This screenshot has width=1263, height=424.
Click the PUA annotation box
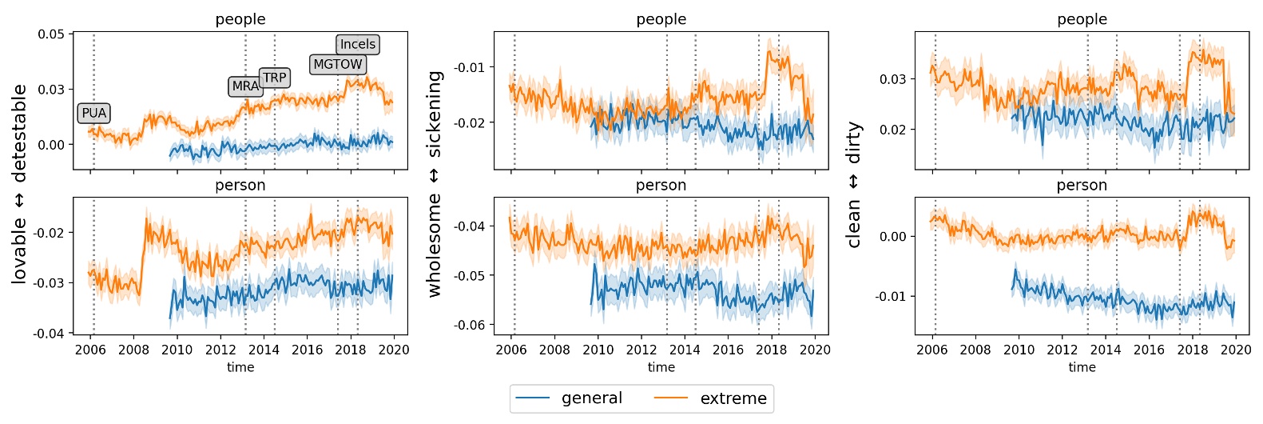pos(93,114)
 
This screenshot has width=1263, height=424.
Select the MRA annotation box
pos(245,86)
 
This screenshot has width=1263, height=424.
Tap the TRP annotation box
pos(274,78)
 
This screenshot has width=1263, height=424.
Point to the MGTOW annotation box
pos(338,65)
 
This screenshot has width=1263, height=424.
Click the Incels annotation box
pos(357,45)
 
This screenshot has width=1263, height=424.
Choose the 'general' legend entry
pos(569,398)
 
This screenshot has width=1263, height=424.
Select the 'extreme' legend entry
pos(710,398)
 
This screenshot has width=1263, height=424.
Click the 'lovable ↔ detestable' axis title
pos(19,183)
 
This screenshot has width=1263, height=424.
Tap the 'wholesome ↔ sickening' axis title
pos(435,183)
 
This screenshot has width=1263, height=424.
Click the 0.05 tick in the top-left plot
pos(51,34)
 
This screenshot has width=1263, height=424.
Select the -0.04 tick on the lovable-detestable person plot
pos(49,334)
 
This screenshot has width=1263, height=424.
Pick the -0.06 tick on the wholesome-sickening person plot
pos(470,325)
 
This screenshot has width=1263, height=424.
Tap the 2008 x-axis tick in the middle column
pos(554,350)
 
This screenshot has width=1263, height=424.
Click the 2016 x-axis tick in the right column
pos(1149,350)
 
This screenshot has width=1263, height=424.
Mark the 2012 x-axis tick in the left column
pos(220,350)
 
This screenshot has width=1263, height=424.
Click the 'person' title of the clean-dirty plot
pos(1082,186)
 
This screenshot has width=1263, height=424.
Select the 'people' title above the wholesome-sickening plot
pos(661,19)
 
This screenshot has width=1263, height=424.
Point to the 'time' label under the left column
pos(240,367)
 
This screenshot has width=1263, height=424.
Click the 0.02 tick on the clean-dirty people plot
pos(892,130)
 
